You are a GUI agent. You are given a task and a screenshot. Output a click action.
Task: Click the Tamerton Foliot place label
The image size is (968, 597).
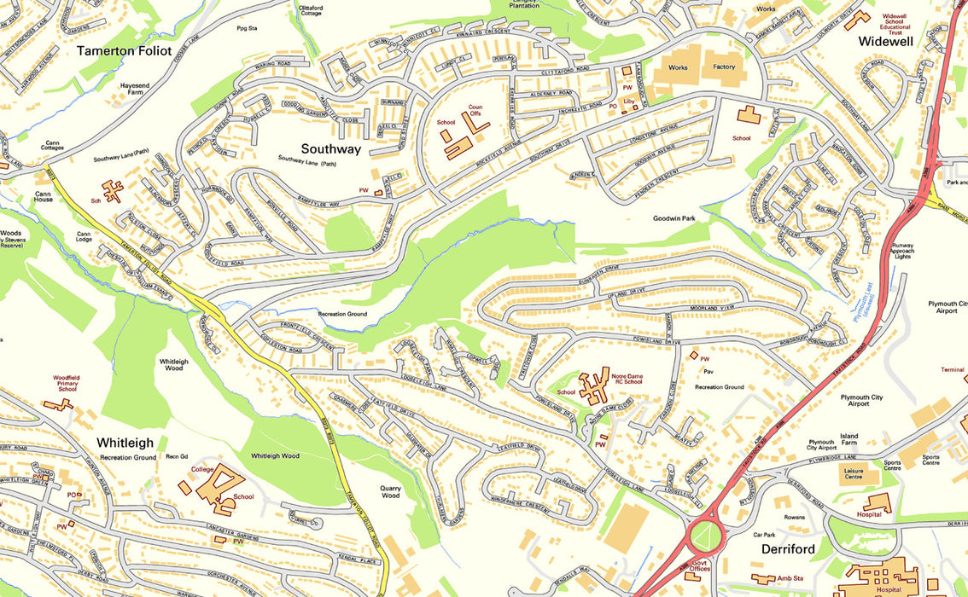pyautogui.click(x=124, y=51)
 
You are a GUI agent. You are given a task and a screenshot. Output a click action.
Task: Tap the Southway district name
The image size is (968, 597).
pyautogui.click(x=318, y=149)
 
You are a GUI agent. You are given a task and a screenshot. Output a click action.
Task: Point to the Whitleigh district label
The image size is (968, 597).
pyautogui.click(x=125, y=443)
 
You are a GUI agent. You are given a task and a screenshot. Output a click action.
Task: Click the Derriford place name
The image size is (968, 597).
pyautogui.click(x=788, y=548)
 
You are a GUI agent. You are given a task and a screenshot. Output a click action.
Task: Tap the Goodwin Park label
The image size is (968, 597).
pyautogui.click(x=676, y=218)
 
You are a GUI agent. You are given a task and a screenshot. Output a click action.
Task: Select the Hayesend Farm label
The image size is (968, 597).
pyautogui.click(x=141, y=90)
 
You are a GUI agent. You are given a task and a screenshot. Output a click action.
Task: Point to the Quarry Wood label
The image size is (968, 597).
pyautogui.click(x=390, y=491)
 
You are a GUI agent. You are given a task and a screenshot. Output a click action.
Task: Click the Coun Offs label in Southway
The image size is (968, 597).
pyautogui.click(x=475, y=110)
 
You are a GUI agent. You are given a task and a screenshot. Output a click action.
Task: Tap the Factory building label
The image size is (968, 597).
pyautogui.click(x=724, y=67)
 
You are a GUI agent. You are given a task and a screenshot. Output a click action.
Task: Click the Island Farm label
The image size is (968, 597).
pyautogui.click(x=848, y=439)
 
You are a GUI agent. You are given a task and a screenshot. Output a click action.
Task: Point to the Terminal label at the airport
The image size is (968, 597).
pyautogui.click(x=952, y=370)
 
